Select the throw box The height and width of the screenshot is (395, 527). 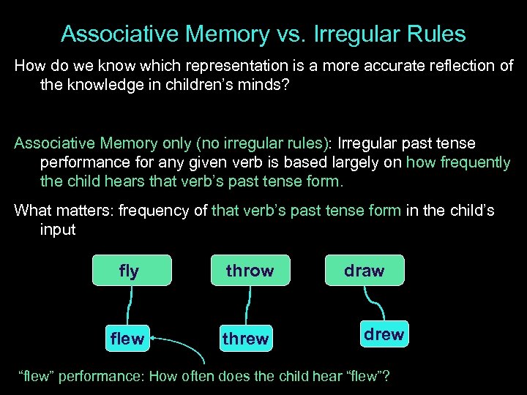pyautogui.click(x=250, y=271)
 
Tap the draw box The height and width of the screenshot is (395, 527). pyautogui.click(x=364, y=271)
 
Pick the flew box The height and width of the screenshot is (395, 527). pyautogui.click(x=127, y=339)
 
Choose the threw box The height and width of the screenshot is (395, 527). pyautogui.click(x=245, y=339)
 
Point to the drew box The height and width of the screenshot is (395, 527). pyautogui.click(x=384, y=334)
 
